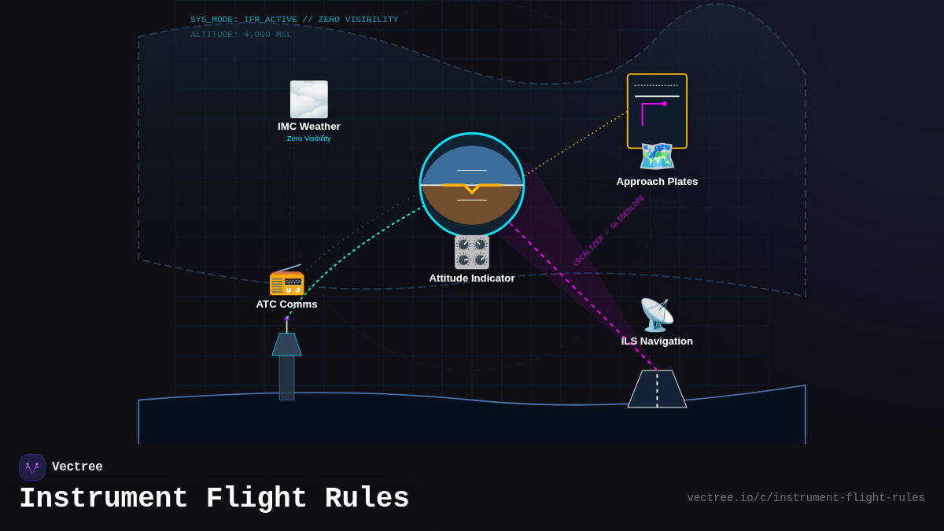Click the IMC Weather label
(x=308, y=127)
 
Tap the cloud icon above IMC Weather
(x=308, y=99)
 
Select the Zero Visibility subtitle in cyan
(x=308, y=138)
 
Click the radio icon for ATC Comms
(x=286, y=281)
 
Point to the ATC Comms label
(x=286, y=304)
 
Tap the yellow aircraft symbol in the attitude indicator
(x=472, y=186)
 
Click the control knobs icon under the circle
(x=472, y=253)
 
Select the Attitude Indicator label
(x=472, y=278)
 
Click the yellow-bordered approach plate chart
(x=657, y=110)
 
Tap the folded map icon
(x=657, y=157)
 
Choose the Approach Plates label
(x=657, y=182)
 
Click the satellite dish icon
(x=657, y=315)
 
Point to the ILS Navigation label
(x=657, y=341)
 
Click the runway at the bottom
(x=657, y=389)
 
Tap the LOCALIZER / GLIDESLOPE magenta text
(x=608, y=230)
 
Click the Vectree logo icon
(x=32, y=467)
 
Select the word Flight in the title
(x=256, y=499)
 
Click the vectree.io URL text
(x=806, y=498)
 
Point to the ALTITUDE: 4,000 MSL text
(x=241, y=35)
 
